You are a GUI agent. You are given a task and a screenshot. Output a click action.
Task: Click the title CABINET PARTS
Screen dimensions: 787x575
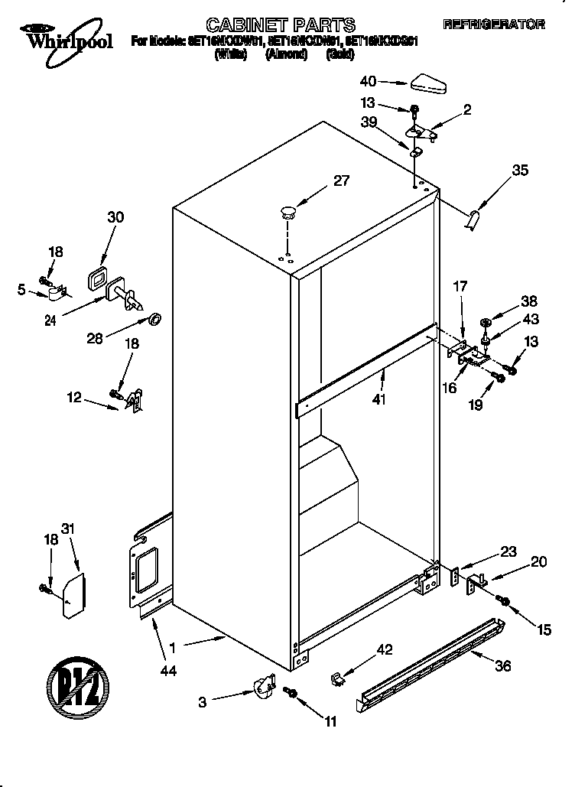[282, 25]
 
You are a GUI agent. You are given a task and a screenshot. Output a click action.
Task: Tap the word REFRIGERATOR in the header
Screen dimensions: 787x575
[494, 25]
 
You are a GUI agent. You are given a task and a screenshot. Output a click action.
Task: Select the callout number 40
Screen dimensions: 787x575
[368, 81]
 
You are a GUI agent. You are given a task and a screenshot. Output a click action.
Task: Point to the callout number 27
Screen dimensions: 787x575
[341, 180]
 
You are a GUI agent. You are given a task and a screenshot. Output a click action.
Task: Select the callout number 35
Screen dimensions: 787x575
[520, 171]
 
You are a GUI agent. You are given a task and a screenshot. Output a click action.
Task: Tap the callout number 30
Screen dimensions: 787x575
[115, 217]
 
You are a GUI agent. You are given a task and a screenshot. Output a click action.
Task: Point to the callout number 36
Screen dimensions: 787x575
[502, 665]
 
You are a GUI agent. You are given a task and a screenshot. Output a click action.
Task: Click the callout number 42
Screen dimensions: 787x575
[385, 649]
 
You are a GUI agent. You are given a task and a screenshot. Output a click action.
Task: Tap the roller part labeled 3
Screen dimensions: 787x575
[264, 685]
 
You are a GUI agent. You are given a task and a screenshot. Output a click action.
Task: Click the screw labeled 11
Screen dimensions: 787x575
[291, 692]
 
